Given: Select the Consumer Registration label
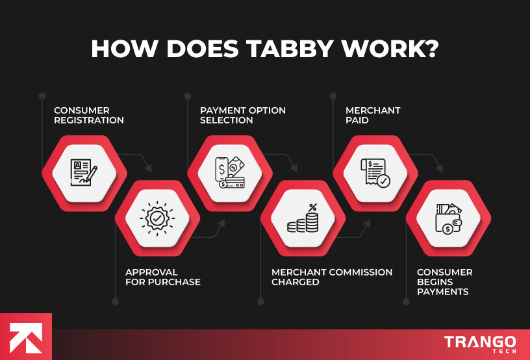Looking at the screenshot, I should coord(88,115).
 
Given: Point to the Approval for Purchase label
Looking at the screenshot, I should coord(163,277).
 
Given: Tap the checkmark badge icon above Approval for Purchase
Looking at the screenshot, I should coord(157,218).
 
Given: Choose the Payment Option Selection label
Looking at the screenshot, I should coord(242,115).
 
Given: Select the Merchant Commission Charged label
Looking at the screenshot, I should coord(331,277).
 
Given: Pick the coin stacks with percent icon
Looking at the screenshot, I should coord(303,218).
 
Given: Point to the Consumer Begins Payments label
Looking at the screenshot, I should coord(444,282).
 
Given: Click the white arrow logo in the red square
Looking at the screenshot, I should coord(25,337).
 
